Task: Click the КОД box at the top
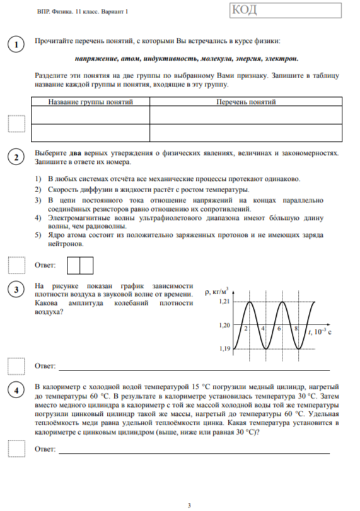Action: click(x=289, y=12)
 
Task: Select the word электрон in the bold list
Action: click(x=282, y=59)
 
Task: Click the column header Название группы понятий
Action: click(x=91, y=101)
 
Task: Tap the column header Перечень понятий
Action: click(x=246, y=101)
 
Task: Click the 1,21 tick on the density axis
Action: click(x=224, y=302)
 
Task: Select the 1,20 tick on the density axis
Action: click(x=224, y=325)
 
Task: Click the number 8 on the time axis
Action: click(x=295, y=330)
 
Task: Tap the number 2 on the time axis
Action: click(x=245, y=330)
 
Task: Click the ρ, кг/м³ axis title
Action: click(x=217, y=292)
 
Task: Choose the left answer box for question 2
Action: click(x=73, y=265)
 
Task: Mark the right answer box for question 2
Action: click(x=86, y=265)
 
